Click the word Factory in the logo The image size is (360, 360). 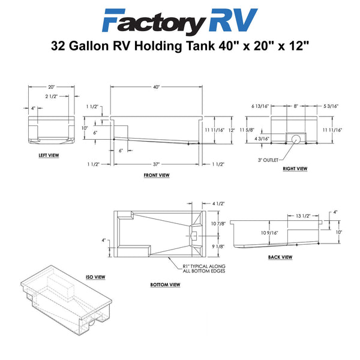click(154, 22)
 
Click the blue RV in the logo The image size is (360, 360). click(233, 20)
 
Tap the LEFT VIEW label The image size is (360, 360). click(49, 155)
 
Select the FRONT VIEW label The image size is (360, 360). click(157, 175)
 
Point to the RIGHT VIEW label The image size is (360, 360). click(295, 169)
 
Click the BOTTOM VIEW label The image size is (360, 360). click(165, 284)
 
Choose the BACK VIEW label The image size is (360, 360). click(280, 257)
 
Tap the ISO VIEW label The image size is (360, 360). click(95, 277)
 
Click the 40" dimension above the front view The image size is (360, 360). click(157, 87)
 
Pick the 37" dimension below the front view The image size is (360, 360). click(156, 164)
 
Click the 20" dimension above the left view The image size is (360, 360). click(51, 87)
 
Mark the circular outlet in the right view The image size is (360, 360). click(296, 139)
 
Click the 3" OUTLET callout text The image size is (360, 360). click(268, 160)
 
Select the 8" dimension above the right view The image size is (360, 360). click(296, 106)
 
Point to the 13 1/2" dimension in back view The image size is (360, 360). click(303, 216)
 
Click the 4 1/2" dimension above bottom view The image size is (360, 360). click(218, 203)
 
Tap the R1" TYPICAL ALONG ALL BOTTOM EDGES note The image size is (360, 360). click(204, 269)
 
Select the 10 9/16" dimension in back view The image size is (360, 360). click(269, 233)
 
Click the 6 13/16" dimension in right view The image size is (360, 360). click(260, 106)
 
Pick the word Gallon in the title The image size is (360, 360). click(89, 46)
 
